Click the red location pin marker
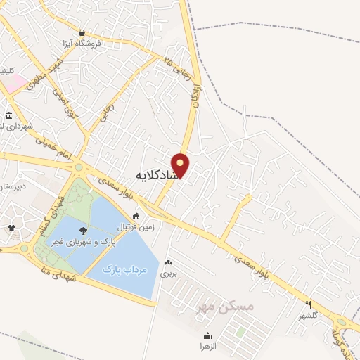pyautogui.click(x=181, y=165)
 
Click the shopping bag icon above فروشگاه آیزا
pyautogui.click(x=83, y=32)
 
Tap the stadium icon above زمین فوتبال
pyautogui.click(x=136, y=217)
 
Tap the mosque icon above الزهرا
pyautogui.click(x=208, y=335)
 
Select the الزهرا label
pyautogui.click(x=208, y=347)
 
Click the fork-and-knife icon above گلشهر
pyautogui.click(x=308, y=304)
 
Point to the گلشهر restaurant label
pyautogui.click(x=308, y=316)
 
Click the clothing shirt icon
pyautogui.click(x=11, y=228)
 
